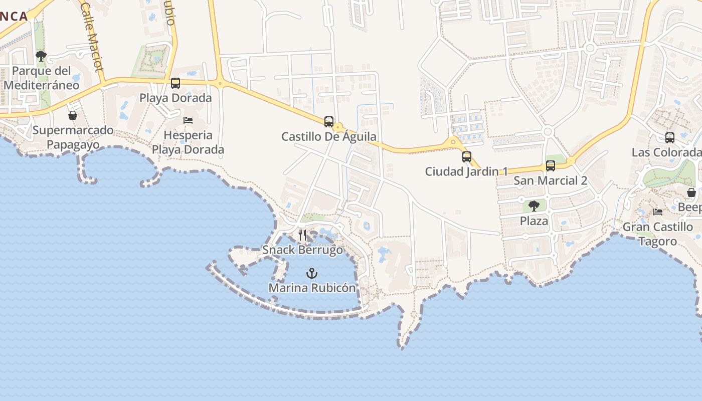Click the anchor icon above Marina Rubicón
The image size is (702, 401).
(312, 273)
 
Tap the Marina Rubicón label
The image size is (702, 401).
(312, 288)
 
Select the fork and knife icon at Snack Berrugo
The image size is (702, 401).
(302, 235)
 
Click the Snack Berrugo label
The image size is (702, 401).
(303, 250)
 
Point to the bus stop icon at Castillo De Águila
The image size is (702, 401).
(329, 122)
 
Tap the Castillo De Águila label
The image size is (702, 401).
(329, 136)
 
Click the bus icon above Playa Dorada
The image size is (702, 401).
(175, 83)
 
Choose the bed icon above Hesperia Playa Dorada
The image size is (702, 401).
(188, 120)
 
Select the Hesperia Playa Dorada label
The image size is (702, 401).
(188, 142)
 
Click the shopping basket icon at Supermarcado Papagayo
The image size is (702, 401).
(73, 116)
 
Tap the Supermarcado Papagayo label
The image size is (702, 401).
(73, 137)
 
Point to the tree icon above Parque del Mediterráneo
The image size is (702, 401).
(41, 56)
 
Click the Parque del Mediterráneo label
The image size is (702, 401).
(41, 78)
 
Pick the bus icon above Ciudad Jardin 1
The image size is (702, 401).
(467, 157)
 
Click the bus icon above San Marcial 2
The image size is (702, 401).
(551, 166)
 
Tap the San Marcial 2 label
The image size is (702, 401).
(550, 180)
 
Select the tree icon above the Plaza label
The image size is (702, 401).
(534, 206)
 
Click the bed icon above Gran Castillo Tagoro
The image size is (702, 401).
(658, 212)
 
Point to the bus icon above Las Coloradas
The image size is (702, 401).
(670, 138)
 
